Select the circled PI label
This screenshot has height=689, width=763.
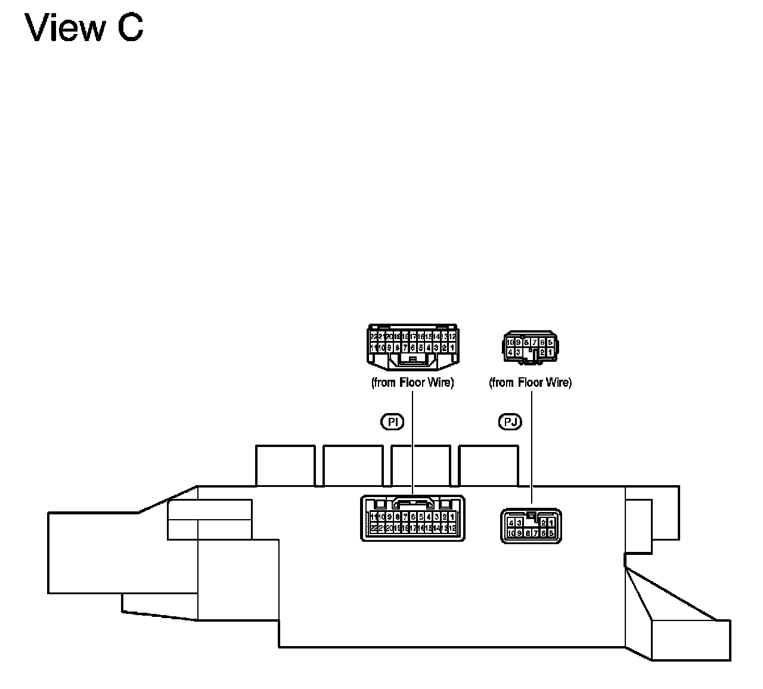pyautogui.click(x=392, y=422)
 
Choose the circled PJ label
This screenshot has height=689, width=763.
pyautogui.click(x=510, y=422)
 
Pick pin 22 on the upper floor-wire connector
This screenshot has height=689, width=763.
pyautogui.click(x=374, y=337)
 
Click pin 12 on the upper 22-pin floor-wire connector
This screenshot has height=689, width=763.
pyautogui.click(x=452, y=337)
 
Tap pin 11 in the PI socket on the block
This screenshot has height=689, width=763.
pyautogui.click(x=374, y=517)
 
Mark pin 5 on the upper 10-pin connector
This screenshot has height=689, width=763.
pyautogui.click(x=550, y=342)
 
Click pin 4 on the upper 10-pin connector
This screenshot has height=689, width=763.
pyautogui.click(x=511, y=352)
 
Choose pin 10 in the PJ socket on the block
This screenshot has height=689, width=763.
pyautogui.click(x=511, y=533)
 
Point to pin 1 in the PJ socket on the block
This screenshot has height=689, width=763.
pyautogui.click(x=551, y=523)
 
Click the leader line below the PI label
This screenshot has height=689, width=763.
pyautogui.click(x=412, y=453)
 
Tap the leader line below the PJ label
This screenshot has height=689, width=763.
pyautogui.click(x=531, y=453)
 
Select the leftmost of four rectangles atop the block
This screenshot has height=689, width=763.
pyautogui.click(x=285, y=465)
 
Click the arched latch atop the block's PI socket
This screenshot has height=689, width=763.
pyautogui.click(x=412, y=502)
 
